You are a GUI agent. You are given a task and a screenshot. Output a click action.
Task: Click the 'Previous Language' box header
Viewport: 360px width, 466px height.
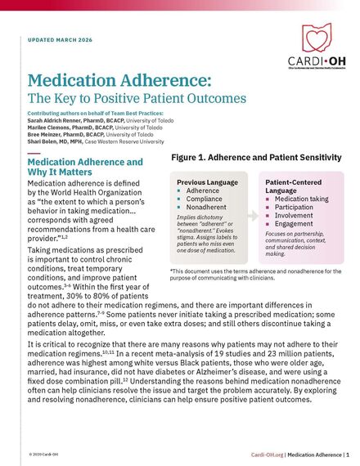(208, 182)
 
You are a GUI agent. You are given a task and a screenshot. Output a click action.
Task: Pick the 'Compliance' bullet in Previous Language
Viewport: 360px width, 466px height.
(205, 199)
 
